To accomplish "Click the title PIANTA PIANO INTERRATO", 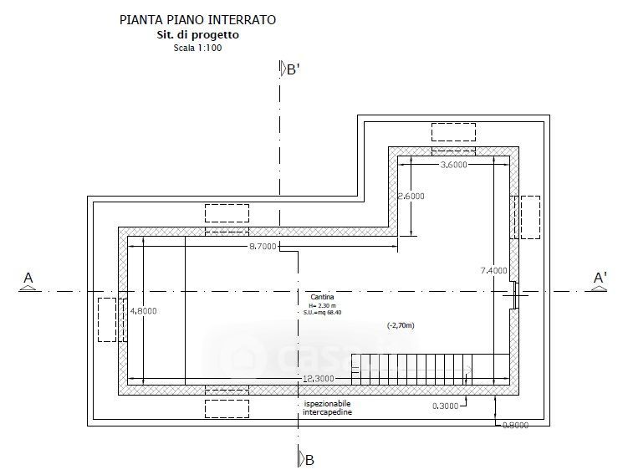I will point(197,18).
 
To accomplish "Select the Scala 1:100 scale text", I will point(197,48).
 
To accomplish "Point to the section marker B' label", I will point(292,70).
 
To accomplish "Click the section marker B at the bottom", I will point(309,459).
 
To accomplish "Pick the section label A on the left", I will point(28,278).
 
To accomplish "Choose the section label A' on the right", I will point(600,278).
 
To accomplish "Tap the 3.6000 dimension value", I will point(453,166).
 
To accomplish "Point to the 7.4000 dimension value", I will point(494,270).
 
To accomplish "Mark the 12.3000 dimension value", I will point(318,380).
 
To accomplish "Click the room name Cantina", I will point(319,299).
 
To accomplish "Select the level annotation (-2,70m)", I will point(401,324).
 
